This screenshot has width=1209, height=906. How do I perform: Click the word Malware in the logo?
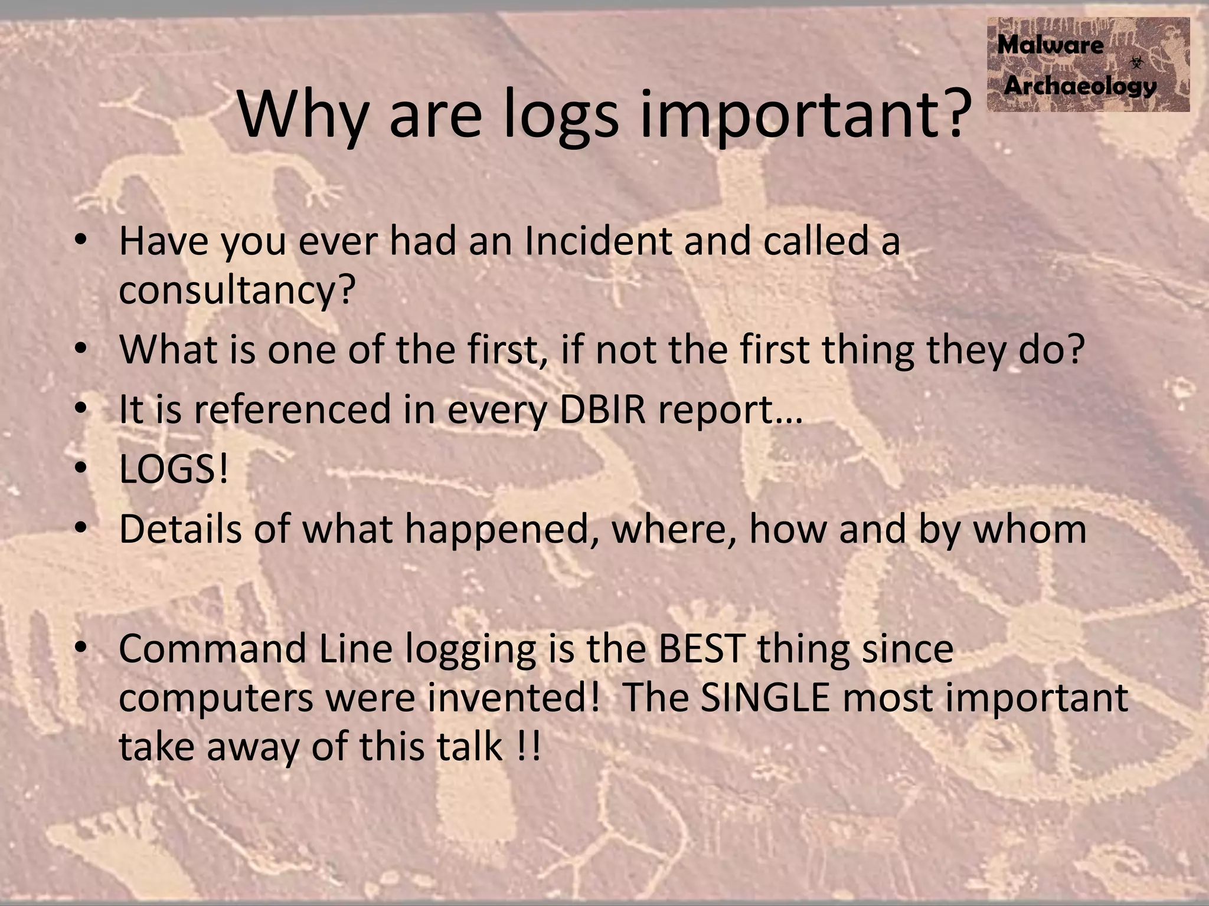(x=1050, y=45)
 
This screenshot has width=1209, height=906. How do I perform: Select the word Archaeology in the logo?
(x=1080, y=86)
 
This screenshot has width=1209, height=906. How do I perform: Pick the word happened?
(x=503, y=530)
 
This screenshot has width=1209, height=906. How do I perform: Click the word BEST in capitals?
(x=700, y=648)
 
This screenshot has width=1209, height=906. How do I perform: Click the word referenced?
(x=293, y=409)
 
